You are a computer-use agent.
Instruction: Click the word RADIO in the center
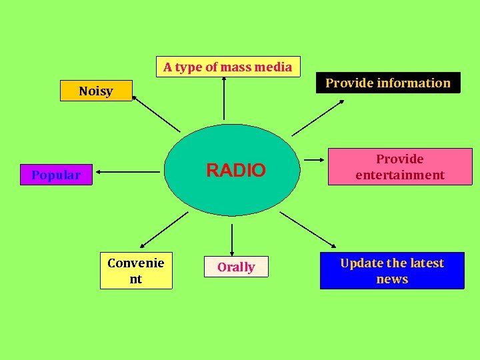click(235, 171)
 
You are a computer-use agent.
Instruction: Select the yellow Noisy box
click(96, 91)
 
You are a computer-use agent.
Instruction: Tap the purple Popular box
click(56, 175)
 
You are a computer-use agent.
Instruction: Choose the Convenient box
click(136, 271)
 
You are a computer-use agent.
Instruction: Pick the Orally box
click(236, 267)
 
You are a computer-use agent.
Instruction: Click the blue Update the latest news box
click(392, 271)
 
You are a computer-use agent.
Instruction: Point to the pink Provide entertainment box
click(400, 167)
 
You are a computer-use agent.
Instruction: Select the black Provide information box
click(388, 83)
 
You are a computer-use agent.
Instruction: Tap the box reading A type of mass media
click(228, 67)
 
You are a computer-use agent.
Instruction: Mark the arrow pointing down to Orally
click(232, 239)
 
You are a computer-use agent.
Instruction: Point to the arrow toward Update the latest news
click(307, 229)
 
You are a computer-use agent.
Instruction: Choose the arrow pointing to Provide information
click(318, 117)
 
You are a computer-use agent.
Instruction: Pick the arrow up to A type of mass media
click(224, 98)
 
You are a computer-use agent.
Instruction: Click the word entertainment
click(400, 175)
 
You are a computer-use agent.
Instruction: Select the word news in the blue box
click(392, 279)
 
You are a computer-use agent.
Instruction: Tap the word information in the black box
click(413, 83)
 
